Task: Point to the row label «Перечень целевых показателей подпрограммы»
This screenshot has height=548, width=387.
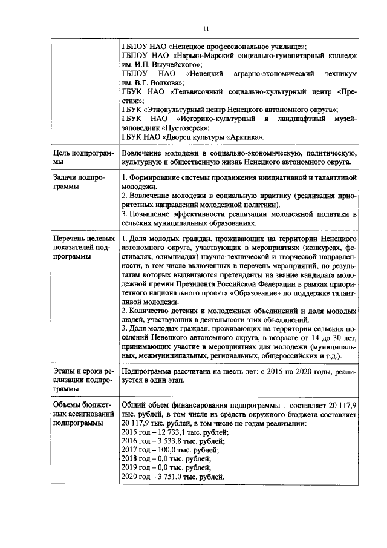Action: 83,248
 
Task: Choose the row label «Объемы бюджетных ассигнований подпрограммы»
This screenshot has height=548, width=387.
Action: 82,414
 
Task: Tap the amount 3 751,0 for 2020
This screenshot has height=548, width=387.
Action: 167,477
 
